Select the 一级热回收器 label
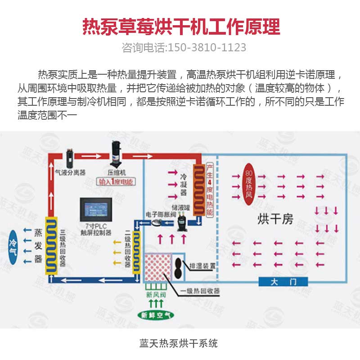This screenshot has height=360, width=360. click(x=200, y=291)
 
